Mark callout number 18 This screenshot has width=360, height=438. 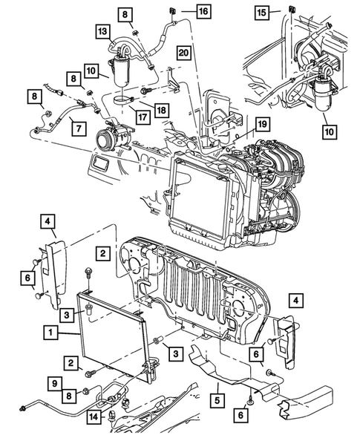coord(159,109)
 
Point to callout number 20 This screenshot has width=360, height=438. coord(183,52)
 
